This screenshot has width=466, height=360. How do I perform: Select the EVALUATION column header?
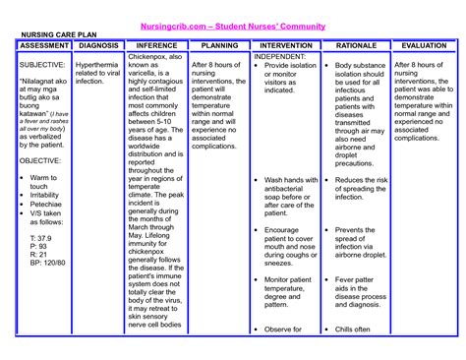[x=425, y=45]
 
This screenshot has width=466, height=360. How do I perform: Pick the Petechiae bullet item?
[x=45, y=205]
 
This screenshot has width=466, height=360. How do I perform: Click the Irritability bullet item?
[x=45, y=195]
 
